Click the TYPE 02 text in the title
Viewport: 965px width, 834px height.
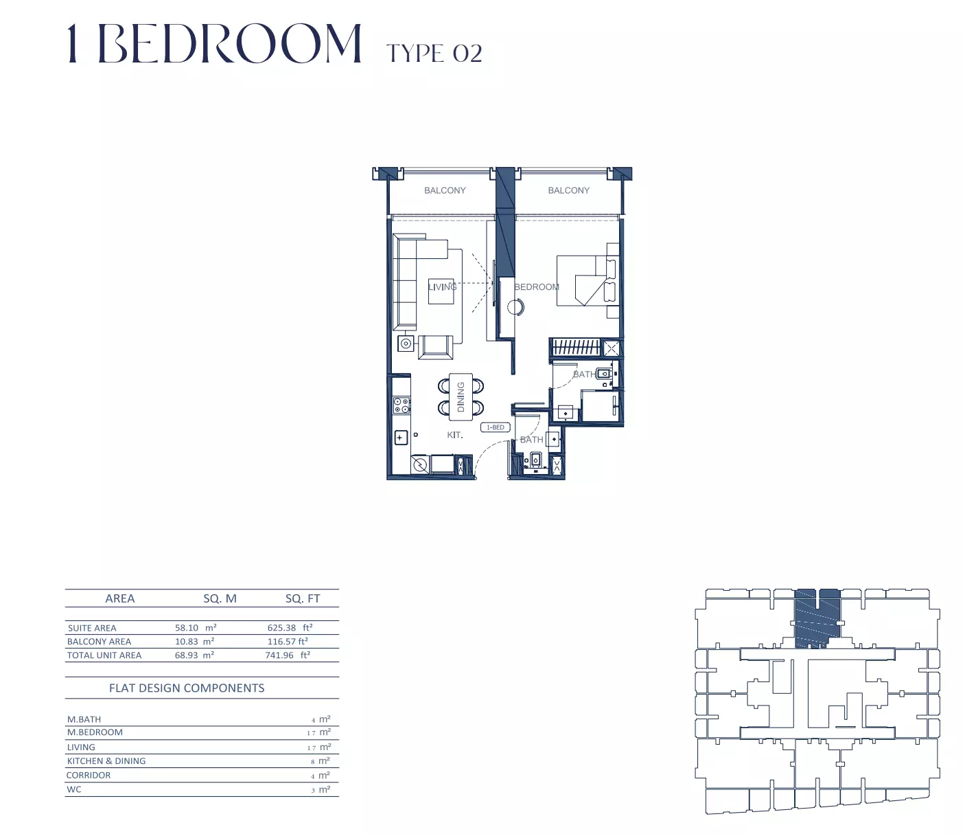[434, 54]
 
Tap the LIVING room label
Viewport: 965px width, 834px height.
[442, 287]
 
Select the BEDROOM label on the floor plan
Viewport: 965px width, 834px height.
[537, 287]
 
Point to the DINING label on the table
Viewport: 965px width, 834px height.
[461, 396]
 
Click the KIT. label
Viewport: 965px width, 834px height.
[455, 435]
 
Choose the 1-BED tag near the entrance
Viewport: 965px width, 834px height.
[496, 427]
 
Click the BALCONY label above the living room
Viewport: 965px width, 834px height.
[445, 190]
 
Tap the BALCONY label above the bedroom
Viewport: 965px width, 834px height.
[568, 190]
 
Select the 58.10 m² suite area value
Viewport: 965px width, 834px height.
[196, 627]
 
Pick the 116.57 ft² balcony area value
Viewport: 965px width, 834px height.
[288, 641]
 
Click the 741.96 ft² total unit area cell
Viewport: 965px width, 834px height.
[288, 655]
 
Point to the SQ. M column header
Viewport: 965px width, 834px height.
[220, 598]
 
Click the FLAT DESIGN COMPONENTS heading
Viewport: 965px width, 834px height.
[187, 688]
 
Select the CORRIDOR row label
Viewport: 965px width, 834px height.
[89, 775]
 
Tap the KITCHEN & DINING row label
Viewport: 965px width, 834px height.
[106, 761]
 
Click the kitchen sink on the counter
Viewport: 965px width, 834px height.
[401, 438]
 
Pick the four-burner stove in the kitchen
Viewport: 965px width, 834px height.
[402, 405]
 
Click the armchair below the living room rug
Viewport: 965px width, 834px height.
[436, 347]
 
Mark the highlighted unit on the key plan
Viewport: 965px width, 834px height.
[817, 618]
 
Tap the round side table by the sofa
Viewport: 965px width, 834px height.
[406, 344]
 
